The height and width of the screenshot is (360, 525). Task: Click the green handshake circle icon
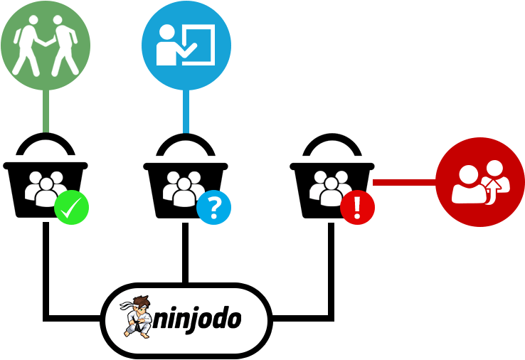pyautogui.click(x=46, y=46)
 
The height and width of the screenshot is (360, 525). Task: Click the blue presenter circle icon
pyautogui.click(x=186, y=46)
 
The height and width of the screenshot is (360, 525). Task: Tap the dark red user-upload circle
pyautogui.click(x=480, y=182)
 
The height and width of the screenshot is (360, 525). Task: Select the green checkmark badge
pyautogui.click(x=71, y=207)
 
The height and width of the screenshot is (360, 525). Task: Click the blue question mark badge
pyautogui.click(x=213, y=207)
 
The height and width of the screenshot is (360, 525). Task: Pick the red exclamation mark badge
pyautogui.click(x=357, y=207)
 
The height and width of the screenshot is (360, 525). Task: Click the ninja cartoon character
pyautogui.click(x=137, y=317)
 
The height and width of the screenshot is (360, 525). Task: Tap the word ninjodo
pyautogui.click(x=197, y=319)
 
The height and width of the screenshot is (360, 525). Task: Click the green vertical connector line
pyautogui.click(x=46, y=112)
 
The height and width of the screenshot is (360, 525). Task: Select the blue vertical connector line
pyautogui.click(x=186, y=112)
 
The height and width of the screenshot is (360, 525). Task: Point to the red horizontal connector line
pyautogui.click(x=405, y=183)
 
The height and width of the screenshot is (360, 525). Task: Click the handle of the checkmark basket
pyautogui.click(x=46, y=137)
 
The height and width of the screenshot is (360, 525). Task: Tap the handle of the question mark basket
pyautogui.click(x=186, y=137)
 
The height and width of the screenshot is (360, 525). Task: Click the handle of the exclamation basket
pyautogui.click(x=332, y=137)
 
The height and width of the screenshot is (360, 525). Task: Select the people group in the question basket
pyautogui.click(x=183, y=189)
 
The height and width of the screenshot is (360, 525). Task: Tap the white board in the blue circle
pyautogui.click(x=198, y=44)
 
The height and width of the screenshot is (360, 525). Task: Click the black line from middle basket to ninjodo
pyautogui.click(x=185, y=253)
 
